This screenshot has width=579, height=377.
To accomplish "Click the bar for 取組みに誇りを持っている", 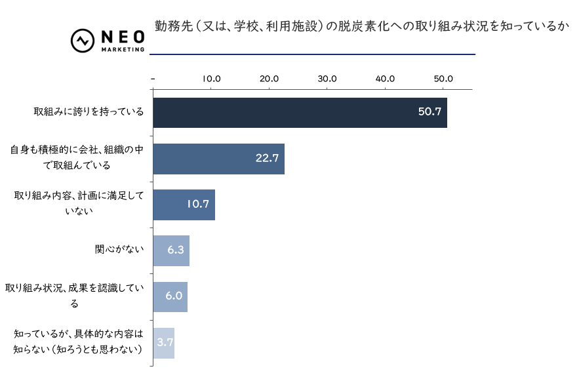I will pyautogui.click(x=300, y=113).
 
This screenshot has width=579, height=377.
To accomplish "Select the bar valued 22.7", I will pyautogui.click(x=218, y=159).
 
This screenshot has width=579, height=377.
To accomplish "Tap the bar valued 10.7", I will pyautogui.click(x=184, y=205).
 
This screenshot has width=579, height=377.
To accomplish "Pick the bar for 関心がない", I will pyautogui.click(x=171, y=250).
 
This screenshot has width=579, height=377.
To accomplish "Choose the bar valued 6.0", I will pyautogui.click(x=170, y=296).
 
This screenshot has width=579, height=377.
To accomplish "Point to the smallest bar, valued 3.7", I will pyautogui.click(x=163, y=342).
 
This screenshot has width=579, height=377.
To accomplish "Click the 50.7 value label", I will pyautogui.click(x=429, y=112).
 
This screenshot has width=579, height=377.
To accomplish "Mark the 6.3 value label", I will pyautogui.click(x=175, y=250).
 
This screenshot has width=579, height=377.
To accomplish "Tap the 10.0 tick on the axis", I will pyautogui.click(x=211, y=79).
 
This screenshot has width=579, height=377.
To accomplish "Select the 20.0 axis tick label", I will pyautogui.click(x=269, y=79).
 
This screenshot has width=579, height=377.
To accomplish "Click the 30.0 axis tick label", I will pyautogui.click(x=327, y=79).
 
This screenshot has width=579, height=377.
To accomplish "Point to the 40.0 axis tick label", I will pyautogui.click(x=385, y=79).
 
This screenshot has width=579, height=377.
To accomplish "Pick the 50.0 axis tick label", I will pyautogui.click(x=443, y=79).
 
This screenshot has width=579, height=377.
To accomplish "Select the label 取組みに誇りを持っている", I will pyautogui.click(x=89, y=112).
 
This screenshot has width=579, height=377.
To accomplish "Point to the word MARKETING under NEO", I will pyautogui.click(x=123, y=50).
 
